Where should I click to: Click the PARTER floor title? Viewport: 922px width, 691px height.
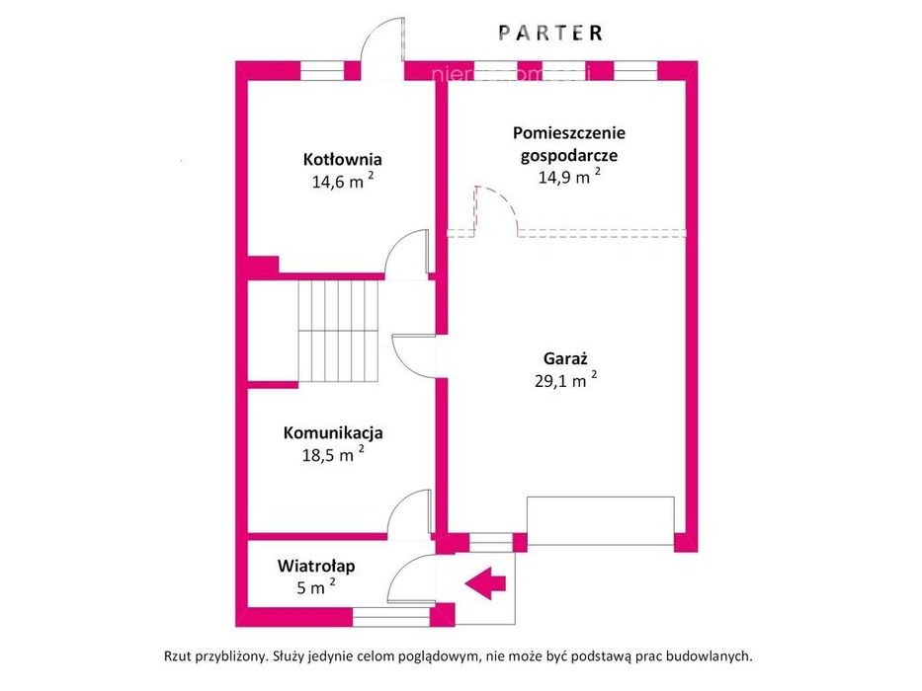550,33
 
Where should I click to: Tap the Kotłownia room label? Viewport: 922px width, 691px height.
343,159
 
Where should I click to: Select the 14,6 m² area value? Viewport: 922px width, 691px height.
343,181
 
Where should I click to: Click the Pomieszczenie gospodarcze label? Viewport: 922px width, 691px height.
568,144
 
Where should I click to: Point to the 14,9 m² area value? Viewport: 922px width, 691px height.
569,177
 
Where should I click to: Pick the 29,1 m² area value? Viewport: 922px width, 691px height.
565,380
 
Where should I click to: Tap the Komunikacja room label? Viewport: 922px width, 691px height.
333,433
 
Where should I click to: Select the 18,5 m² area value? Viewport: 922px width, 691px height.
333,454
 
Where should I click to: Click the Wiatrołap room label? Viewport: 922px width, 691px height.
316,567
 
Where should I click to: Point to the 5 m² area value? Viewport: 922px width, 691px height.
316,587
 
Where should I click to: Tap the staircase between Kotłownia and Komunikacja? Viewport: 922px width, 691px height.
338,331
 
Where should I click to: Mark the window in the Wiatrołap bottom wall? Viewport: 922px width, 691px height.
391,616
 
